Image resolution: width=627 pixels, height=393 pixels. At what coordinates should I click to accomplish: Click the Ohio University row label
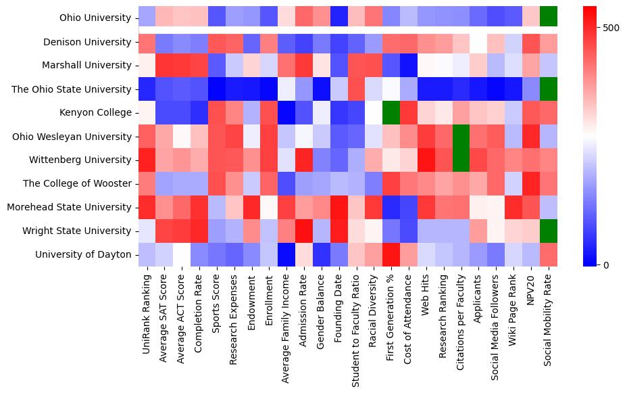[x=95, y=18]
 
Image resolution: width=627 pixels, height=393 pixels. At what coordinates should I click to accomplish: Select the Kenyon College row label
[x=95, y=112]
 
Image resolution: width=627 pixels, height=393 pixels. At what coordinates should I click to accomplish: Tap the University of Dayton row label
[x=88, y=255]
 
